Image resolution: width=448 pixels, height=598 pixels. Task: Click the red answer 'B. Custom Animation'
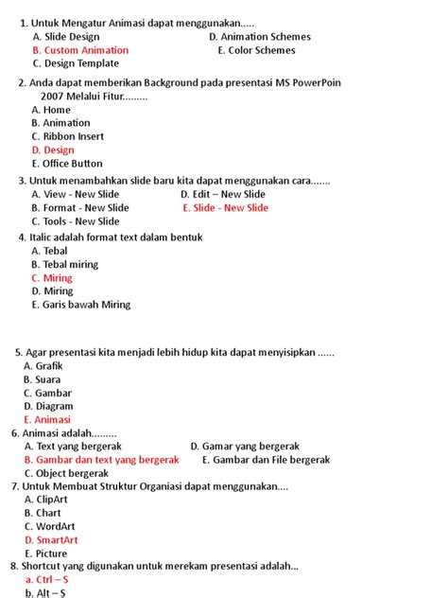79,50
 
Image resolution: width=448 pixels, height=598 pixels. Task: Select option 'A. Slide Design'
65,37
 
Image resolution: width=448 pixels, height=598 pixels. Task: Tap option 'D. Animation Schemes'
259,37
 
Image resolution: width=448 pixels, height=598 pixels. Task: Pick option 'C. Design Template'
75,63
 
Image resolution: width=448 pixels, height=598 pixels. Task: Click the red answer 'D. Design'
52,149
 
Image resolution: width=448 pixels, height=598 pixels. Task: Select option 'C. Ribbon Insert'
67,136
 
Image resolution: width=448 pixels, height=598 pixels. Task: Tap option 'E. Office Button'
66,164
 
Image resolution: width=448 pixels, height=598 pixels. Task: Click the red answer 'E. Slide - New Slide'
225,208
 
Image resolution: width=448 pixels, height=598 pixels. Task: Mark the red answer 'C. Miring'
51,278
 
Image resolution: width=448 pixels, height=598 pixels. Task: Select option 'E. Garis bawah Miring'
80,305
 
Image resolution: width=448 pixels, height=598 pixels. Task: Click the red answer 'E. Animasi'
46,419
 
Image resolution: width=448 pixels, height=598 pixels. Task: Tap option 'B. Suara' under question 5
42,379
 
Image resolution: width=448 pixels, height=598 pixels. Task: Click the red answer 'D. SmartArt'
51,540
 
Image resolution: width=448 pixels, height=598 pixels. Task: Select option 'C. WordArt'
51,526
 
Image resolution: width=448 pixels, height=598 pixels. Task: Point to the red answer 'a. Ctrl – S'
46,579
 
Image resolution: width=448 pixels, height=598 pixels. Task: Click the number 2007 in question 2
54,96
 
